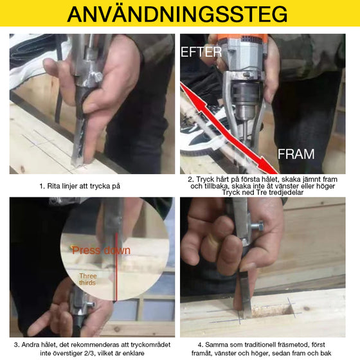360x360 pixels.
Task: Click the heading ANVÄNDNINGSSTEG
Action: click(179, 14)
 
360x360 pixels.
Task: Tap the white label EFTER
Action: click(201, 52)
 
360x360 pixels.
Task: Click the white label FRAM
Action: click(296, 154)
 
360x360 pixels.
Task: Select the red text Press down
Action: click(101, 250)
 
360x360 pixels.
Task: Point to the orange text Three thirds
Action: click(88, 279)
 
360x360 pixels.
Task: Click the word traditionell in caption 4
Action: click(255, 343)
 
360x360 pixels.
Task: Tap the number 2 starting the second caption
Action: click(191, 179)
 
